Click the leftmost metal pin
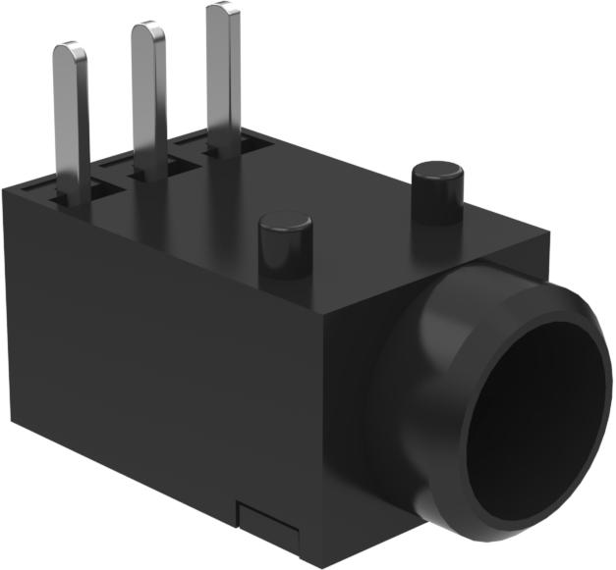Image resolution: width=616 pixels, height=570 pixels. (x=72, y=118)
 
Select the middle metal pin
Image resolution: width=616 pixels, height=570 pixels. (x=148, y=98)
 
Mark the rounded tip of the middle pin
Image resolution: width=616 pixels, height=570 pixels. (x=147, y=29)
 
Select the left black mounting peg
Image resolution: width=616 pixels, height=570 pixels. (x=285, y=250)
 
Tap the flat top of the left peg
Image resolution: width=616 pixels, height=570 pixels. (x=285, y=223)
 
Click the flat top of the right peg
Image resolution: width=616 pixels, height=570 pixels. (x=437, y=168)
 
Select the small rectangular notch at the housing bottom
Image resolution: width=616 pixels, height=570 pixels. (x=268, y=524)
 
